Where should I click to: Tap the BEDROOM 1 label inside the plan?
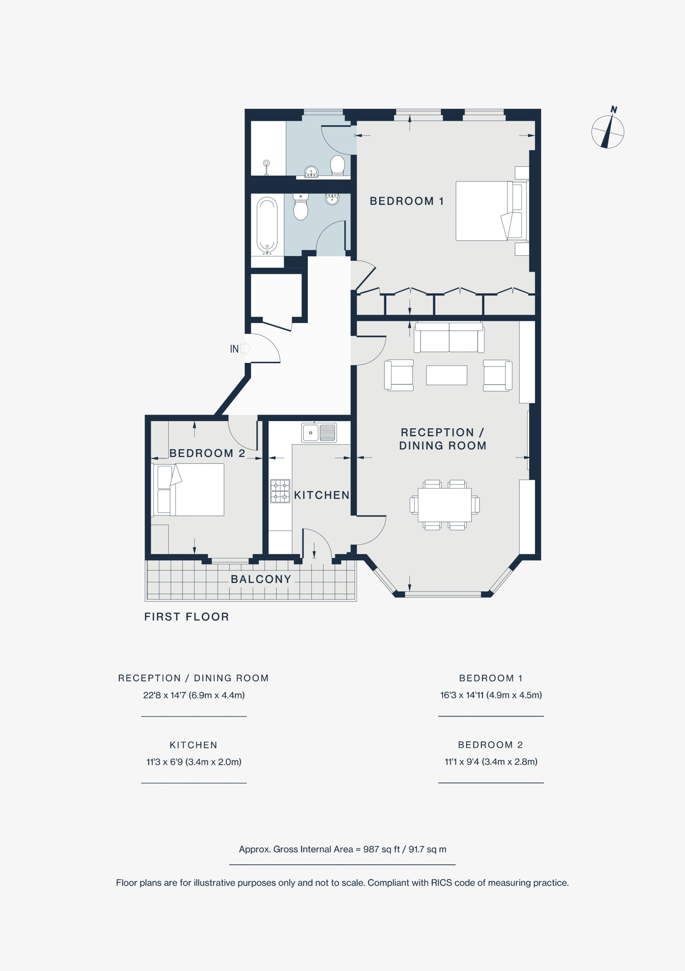click(x=407, y=201)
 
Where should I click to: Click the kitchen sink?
click(x=319, y=433)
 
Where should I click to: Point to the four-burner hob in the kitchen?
click(x=280, y=491)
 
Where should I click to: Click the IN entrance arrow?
click(x=246, y=349)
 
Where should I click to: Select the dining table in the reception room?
click(x=445, y=505)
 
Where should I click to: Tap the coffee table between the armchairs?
click(x=446, y=375)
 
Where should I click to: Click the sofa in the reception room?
click(x=449, y=337)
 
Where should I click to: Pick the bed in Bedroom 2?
click(x=188, y=489)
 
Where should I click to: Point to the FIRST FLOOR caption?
click(x=187, y=617)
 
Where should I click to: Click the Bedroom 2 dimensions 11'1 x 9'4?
click(x=462, y=762)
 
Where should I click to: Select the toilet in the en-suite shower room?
click(x=338, y=165)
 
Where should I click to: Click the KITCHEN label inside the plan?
click(x=322, y=495)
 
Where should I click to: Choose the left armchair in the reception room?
click(x=399, y=375)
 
